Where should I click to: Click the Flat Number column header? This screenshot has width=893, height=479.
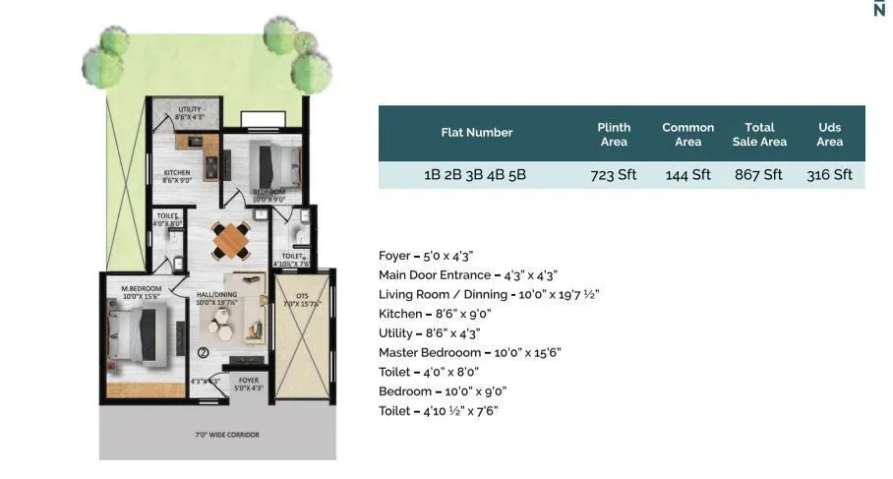point(476,133)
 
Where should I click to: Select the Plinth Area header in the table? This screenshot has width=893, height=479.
point(614,134)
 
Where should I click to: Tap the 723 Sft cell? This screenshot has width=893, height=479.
point(614,175)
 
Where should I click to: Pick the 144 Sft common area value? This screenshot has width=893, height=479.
point(687,175)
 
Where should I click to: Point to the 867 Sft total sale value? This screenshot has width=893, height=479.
point(758,175)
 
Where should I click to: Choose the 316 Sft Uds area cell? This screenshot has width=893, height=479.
point(829,175)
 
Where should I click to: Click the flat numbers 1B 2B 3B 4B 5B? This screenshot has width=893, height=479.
point(475,175)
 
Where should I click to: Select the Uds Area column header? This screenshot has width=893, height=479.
point(829,134)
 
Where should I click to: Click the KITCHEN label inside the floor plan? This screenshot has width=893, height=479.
point(176,173)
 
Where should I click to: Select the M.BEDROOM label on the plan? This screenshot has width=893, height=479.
point(141,289)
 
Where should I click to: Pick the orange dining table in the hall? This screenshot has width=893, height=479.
point(232,238)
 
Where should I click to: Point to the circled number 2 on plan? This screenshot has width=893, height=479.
point(203,351)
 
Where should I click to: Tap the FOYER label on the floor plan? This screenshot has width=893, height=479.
point(248,379)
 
